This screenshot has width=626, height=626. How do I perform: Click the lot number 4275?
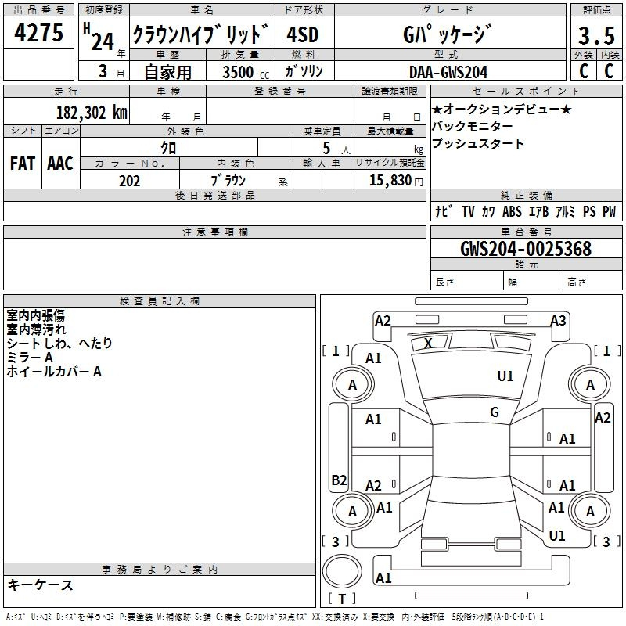point(39,34)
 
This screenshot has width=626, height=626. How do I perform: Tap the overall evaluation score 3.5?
point(595,35)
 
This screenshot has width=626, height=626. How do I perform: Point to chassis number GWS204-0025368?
point(526,249)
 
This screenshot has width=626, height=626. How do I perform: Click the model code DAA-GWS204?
point(448,72)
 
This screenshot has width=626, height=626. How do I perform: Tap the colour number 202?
point(129,181)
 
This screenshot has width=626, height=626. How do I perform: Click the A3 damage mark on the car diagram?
point(558,320)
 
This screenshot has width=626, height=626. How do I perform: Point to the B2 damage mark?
point(339,480)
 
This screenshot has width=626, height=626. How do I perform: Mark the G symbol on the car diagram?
point(494,412)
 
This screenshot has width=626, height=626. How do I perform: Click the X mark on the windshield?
point(428,343)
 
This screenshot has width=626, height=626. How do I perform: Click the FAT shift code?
point(22,163)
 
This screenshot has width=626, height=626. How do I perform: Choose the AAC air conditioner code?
point(59,163)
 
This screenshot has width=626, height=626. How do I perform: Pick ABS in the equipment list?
point(512,211)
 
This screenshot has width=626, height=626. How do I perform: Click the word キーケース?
point(41,585)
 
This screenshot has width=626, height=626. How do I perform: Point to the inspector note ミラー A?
point(30,358)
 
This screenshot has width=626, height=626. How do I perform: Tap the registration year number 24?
point(102,41)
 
